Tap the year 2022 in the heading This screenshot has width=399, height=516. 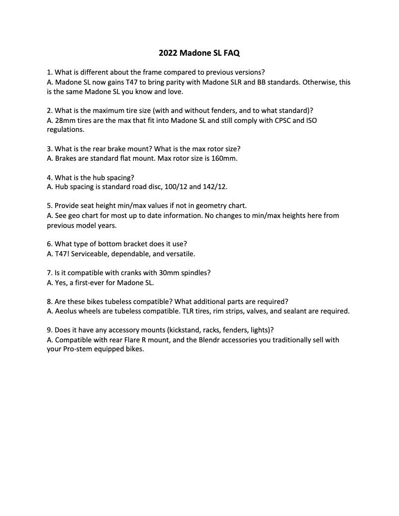pos(168,52)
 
